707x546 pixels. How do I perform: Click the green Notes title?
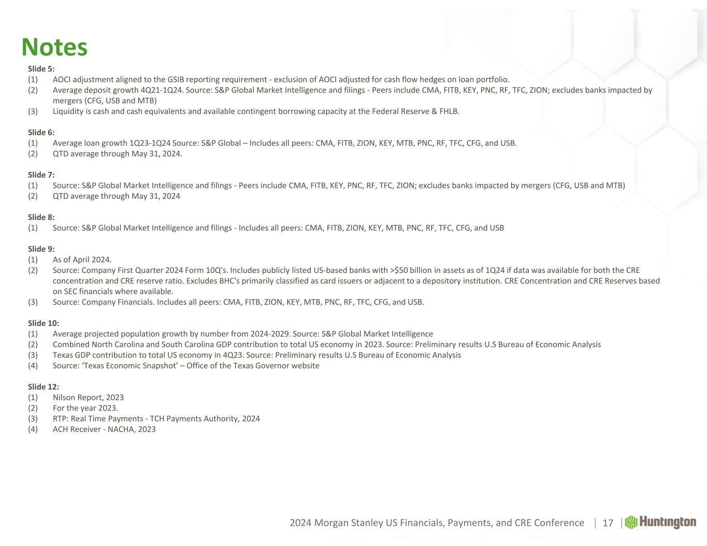click(x=54, y=47)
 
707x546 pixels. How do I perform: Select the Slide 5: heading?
click(x=41, y=69)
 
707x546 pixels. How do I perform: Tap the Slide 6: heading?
click(x=41, y=132)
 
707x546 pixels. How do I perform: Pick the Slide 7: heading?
click(x=41, y=175)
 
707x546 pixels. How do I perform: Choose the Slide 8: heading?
click(x=41, y=217)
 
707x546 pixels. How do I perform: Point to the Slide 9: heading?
click(x=41, y=249)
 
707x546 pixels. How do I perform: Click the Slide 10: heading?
click(x=44, y=323)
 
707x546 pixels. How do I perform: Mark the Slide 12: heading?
click(x=44, y=387)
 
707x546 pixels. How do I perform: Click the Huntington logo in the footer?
click(x=661, y=522)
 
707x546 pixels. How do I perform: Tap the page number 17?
click(x=608, y=523)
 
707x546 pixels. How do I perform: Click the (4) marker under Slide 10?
click(x=33, y=366)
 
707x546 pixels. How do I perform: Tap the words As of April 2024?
click(x=82, y=260)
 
